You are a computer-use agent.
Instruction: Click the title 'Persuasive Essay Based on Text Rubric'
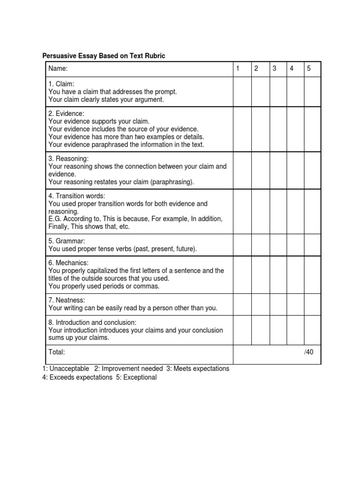pos(104,56)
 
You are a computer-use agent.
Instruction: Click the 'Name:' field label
pos(58,69)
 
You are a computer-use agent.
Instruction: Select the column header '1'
pos(238,69)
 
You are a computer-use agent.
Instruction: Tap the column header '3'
pos(274,69)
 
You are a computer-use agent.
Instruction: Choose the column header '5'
pos(309,69)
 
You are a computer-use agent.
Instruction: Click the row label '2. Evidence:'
pos(67,114)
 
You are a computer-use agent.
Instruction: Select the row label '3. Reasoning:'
pos(68,159)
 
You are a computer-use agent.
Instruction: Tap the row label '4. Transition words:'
pos(77,196)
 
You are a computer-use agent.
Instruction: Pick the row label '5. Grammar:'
pos(67,241)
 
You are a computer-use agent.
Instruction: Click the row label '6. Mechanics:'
pos(68,263)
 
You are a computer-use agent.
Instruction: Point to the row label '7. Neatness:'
pos(67,300)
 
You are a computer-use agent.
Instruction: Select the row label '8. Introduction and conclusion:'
pos(92,323)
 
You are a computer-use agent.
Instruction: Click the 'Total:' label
pos(57,352)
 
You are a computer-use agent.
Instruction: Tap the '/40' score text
pos(308,352)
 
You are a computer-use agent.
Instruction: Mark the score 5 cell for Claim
pos(312,92)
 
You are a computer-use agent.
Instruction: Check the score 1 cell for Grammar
pos(242,245)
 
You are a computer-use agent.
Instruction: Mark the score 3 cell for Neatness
pos(278,304)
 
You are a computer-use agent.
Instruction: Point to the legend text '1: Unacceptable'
pos(66,368)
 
